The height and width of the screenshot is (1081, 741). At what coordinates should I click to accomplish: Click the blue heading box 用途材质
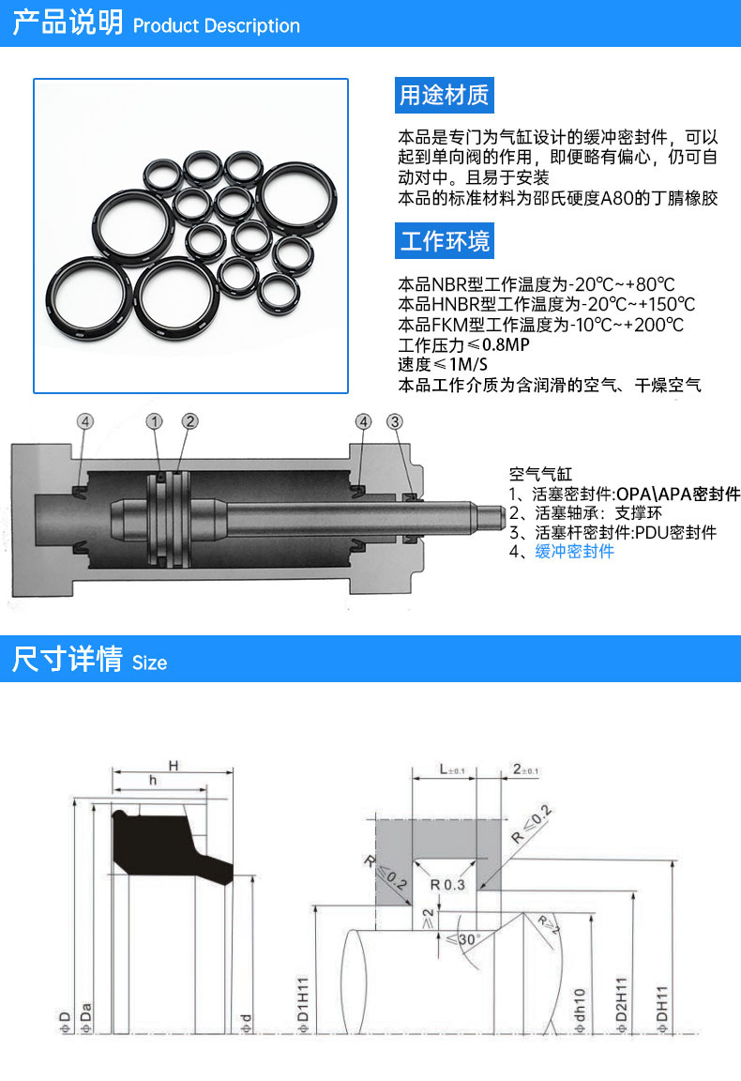point(444,95)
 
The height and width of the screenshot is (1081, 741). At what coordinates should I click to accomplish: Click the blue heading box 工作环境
point(444,241)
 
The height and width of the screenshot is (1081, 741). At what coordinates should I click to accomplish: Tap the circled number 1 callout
point(156,422)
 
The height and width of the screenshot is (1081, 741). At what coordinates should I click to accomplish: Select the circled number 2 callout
point(190,422)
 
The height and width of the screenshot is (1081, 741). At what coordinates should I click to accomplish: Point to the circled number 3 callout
point(395,422)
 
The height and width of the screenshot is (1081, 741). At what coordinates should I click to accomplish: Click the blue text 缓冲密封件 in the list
point(574,552)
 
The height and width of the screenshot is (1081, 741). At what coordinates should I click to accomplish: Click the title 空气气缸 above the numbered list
point(540,475)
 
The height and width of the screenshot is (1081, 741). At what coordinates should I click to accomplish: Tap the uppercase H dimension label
point(174,766)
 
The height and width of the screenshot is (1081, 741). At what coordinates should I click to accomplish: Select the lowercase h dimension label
point(153,781)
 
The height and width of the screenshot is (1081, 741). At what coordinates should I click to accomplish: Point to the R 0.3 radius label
point(448,884)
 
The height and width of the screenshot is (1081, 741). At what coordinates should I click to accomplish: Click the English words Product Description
point(217,26)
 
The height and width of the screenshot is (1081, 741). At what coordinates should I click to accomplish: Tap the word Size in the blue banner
point(149,662)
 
